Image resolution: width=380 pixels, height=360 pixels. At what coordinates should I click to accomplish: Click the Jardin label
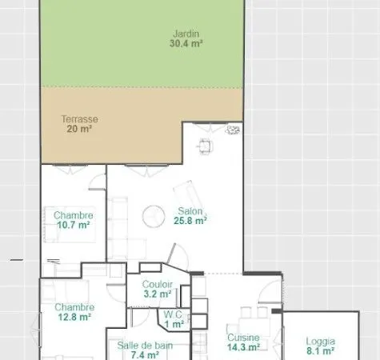(x=186, y=34)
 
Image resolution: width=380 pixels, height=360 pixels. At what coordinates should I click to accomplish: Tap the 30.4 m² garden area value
(x=186, y=43)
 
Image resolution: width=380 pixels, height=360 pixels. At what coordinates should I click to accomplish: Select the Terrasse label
(x=79, y=119)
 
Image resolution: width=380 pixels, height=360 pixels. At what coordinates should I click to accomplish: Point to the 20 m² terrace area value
(x=79, y=129)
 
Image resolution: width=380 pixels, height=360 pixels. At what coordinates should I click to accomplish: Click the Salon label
(x=190, y=211)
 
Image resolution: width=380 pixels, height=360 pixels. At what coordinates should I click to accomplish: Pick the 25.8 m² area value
(x=190, y=221)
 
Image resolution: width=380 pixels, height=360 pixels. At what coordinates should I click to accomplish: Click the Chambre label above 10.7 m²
(x=74, y=215)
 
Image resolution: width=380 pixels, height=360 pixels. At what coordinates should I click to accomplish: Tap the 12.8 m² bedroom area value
(x=74, y=317)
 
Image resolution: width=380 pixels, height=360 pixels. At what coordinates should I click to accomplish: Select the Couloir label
(x=158, y=284)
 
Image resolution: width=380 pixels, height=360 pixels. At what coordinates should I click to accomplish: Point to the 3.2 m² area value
(x=158, y=294)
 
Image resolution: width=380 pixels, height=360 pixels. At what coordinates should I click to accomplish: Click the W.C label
(x=173, y=314)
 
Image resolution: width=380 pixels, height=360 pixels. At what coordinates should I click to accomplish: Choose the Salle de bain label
(x=145, y=346)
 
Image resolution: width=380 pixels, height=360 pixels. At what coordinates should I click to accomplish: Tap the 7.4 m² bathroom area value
(x=145, y=355)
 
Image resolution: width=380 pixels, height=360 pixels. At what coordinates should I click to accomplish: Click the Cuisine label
(x=243, y=338)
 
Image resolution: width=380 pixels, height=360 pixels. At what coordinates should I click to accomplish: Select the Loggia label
(x=320, y=341)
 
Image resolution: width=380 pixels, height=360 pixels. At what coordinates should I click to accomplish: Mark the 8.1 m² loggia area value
(x=320, y=351)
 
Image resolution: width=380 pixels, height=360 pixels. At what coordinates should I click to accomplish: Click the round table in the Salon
(x=154, y=217)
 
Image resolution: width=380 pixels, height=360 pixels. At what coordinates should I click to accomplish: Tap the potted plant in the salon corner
(x=233, y=130)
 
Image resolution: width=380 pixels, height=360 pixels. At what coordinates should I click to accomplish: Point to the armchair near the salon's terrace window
(x=206, y=146)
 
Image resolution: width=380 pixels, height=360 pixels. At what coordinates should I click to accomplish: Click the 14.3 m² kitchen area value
(x=243, y=347)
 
